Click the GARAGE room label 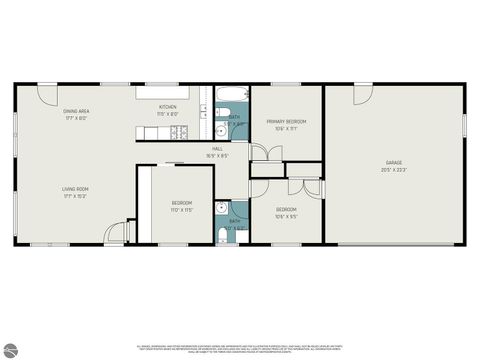click(395, 162)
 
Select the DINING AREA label click(77, 111)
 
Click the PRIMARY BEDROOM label click(286, 122)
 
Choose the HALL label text click(217, 148)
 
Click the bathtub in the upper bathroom click(230, 98)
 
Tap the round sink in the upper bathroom click(221, 130)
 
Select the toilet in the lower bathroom click(221, 235)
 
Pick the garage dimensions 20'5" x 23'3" click(395, 169)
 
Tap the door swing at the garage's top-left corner click(334, 94)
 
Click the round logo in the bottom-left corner click(11, 349)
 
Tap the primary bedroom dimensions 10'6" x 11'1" click(286, 129)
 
